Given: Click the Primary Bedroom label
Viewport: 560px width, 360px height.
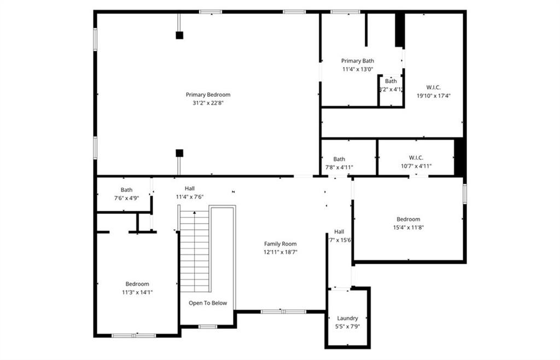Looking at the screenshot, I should click(x=208, y=95).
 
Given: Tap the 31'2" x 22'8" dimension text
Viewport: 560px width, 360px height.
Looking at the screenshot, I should click(x=208, y=103).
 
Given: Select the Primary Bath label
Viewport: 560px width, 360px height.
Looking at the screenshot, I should click(x=358, y=61).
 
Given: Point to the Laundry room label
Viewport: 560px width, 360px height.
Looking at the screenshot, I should click(x=347, y=318).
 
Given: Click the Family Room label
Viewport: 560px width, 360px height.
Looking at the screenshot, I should click(x=280, y=244).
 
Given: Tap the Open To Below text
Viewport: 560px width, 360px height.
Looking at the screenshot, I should click(x=208, y=303).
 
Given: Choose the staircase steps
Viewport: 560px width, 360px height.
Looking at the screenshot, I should click(x=195, y=252).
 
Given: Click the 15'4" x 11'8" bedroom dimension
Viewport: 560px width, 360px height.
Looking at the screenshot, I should click(x=409, y=228).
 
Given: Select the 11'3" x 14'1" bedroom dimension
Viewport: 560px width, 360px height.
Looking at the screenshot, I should click(x=137, y=292).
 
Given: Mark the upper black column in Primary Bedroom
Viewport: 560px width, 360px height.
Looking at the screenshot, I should click(x=179, y=35).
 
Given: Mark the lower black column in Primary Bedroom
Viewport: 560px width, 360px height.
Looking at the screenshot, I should click(x=179, y=153).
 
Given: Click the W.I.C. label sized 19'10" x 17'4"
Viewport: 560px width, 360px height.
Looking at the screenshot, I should click(x=433, y=87).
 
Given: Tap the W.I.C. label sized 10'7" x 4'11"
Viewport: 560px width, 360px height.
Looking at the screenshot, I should click(x=416, y=158).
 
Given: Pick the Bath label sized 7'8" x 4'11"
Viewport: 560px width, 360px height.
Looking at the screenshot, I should click(x=339, y=159).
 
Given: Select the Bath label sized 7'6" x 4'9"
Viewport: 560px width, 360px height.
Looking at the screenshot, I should click(x=126, y=190).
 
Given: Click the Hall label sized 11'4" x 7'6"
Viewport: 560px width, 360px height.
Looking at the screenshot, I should click(x=189, y=188).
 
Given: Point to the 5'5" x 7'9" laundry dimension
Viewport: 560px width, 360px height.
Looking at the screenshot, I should click(x=347, y=326).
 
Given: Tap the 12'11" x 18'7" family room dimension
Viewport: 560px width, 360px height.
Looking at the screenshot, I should click(x=280, y=252).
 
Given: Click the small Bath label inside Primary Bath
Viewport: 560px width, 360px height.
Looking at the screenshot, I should click(x=390, y=81).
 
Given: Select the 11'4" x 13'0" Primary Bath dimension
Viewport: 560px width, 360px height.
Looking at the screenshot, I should click(x=358, y=69).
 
